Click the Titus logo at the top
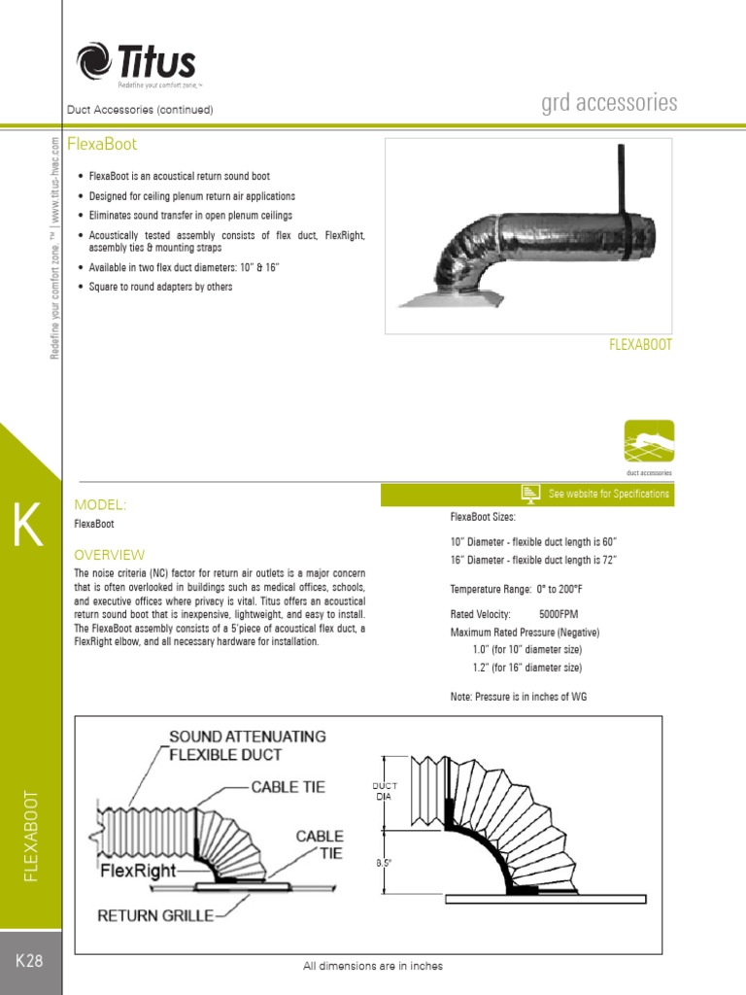pos(136,63)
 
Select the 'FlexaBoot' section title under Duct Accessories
pos(102,145)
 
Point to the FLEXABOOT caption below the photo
pos(640,345)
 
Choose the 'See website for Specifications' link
pos(608,494)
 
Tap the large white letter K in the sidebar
pos(27,527)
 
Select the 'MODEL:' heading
pos(101,505)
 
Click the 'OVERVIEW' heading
pos(110,555)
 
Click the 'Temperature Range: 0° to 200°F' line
pos(516,589)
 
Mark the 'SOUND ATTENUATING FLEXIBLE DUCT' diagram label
pos(248,745)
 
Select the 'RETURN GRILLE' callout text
pos(156,914)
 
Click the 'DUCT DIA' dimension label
pos(385,791)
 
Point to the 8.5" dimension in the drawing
pos(386,862)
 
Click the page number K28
pos(30,961)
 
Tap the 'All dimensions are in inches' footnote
pos(373,966)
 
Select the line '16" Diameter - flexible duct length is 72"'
pos(533,561)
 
